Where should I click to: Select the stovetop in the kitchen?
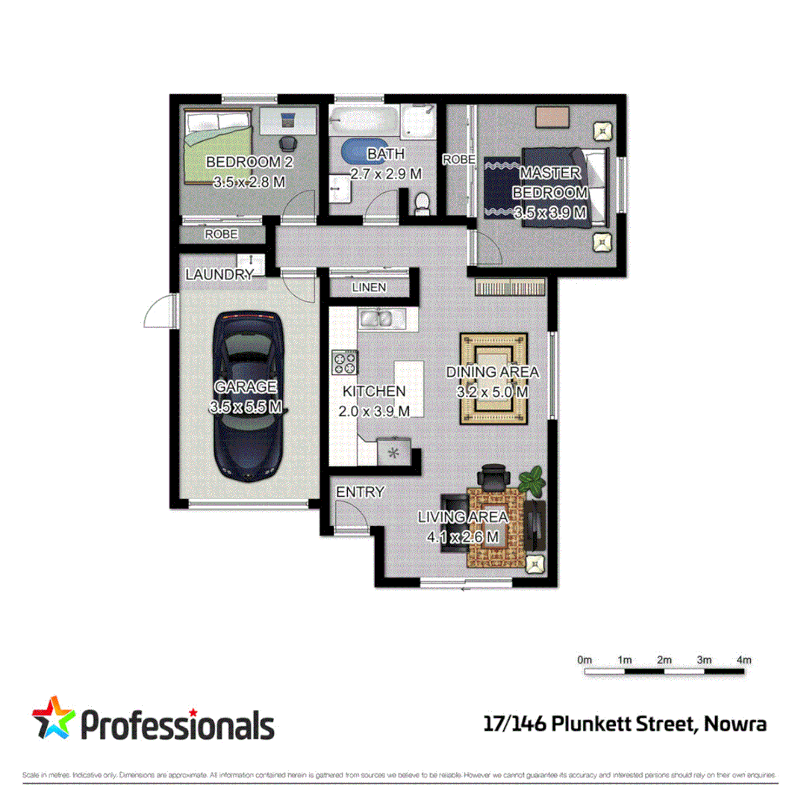(x=344, y=362)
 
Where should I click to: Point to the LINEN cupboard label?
(x=369, y=287)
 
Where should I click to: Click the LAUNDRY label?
(x=219, y=275)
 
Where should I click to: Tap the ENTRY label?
(x=360, y=492)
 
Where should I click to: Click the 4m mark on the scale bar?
(x=743, y=660)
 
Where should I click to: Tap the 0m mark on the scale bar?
(x=585, y=660)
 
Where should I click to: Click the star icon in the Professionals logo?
(x=52, y=718)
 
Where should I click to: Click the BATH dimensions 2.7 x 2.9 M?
(x=386, y=173)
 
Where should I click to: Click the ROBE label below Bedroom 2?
(x=222, y=234)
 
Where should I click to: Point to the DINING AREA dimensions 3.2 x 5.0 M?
(x=492, y=391)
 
